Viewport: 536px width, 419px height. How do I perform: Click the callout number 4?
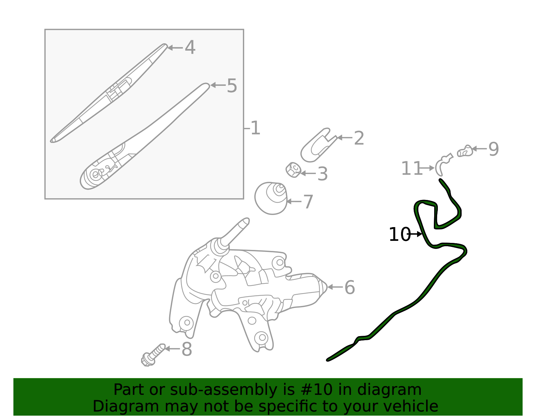[x=190, y=48]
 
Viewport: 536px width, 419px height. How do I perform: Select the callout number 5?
[x=232, y=86]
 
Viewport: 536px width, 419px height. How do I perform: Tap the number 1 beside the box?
[x=255, y=128]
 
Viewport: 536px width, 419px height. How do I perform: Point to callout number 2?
[x=359, y=138]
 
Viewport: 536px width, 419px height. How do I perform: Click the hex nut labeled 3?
[x=293, y=170]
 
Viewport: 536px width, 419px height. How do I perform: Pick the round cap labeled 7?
[x=271, y=198]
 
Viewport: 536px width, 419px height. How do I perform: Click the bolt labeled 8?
[x=153, y=355]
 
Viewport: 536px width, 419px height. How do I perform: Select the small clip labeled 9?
[x=465, y=151]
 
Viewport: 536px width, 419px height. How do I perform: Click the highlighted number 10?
[x=399, y=234]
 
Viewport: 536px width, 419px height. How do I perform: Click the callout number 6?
[x=349, y=288]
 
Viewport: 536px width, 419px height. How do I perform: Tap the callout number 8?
[x=187, y=349]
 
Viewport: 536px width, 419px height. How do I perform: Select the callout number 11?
[x=411, y=168]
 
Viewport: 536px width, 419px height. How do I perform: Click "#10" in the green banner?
[x=314, y=390]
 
